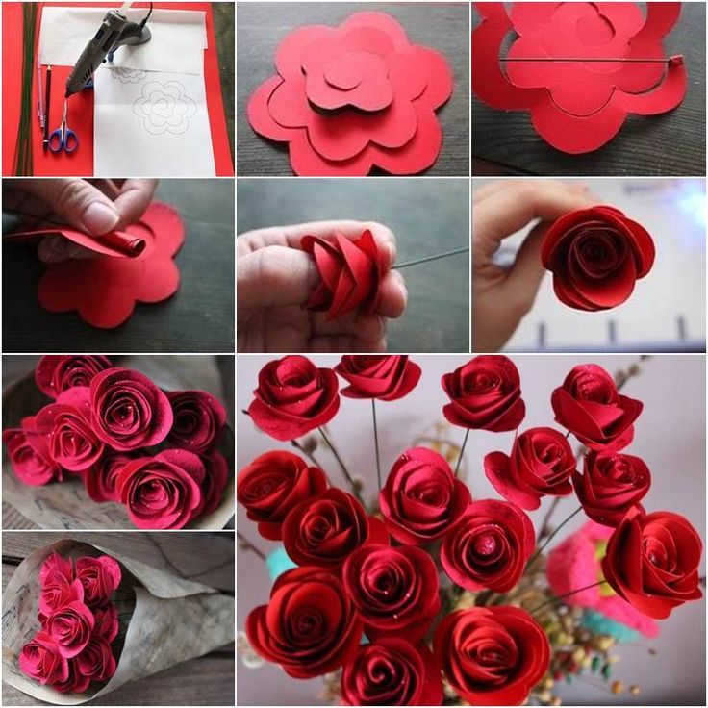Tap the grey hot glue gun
tap(106, 43)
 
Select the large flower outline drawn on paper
tap(164, 106)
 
